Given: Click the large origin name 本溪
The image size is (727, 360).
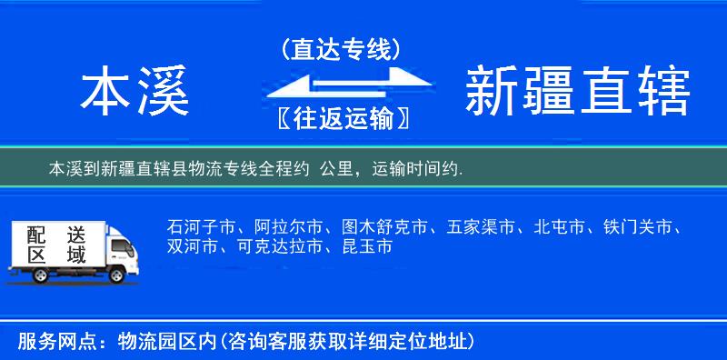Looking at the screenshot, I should point(135,93).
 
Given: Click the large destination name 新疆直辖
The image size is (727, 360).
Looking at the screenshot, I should point(577,93).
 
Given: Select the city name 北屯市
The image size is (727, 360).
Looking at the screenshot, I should point(560,227).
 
